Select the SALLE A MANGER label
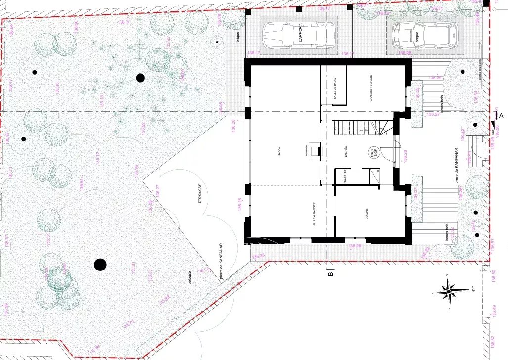[314, 216]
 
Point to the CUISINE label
[367, 214]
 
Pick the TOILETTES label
[340, 177]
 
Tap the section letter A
[501, 116]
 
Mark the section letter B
[331, 271]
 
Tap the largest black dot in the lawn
[100, 265]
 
